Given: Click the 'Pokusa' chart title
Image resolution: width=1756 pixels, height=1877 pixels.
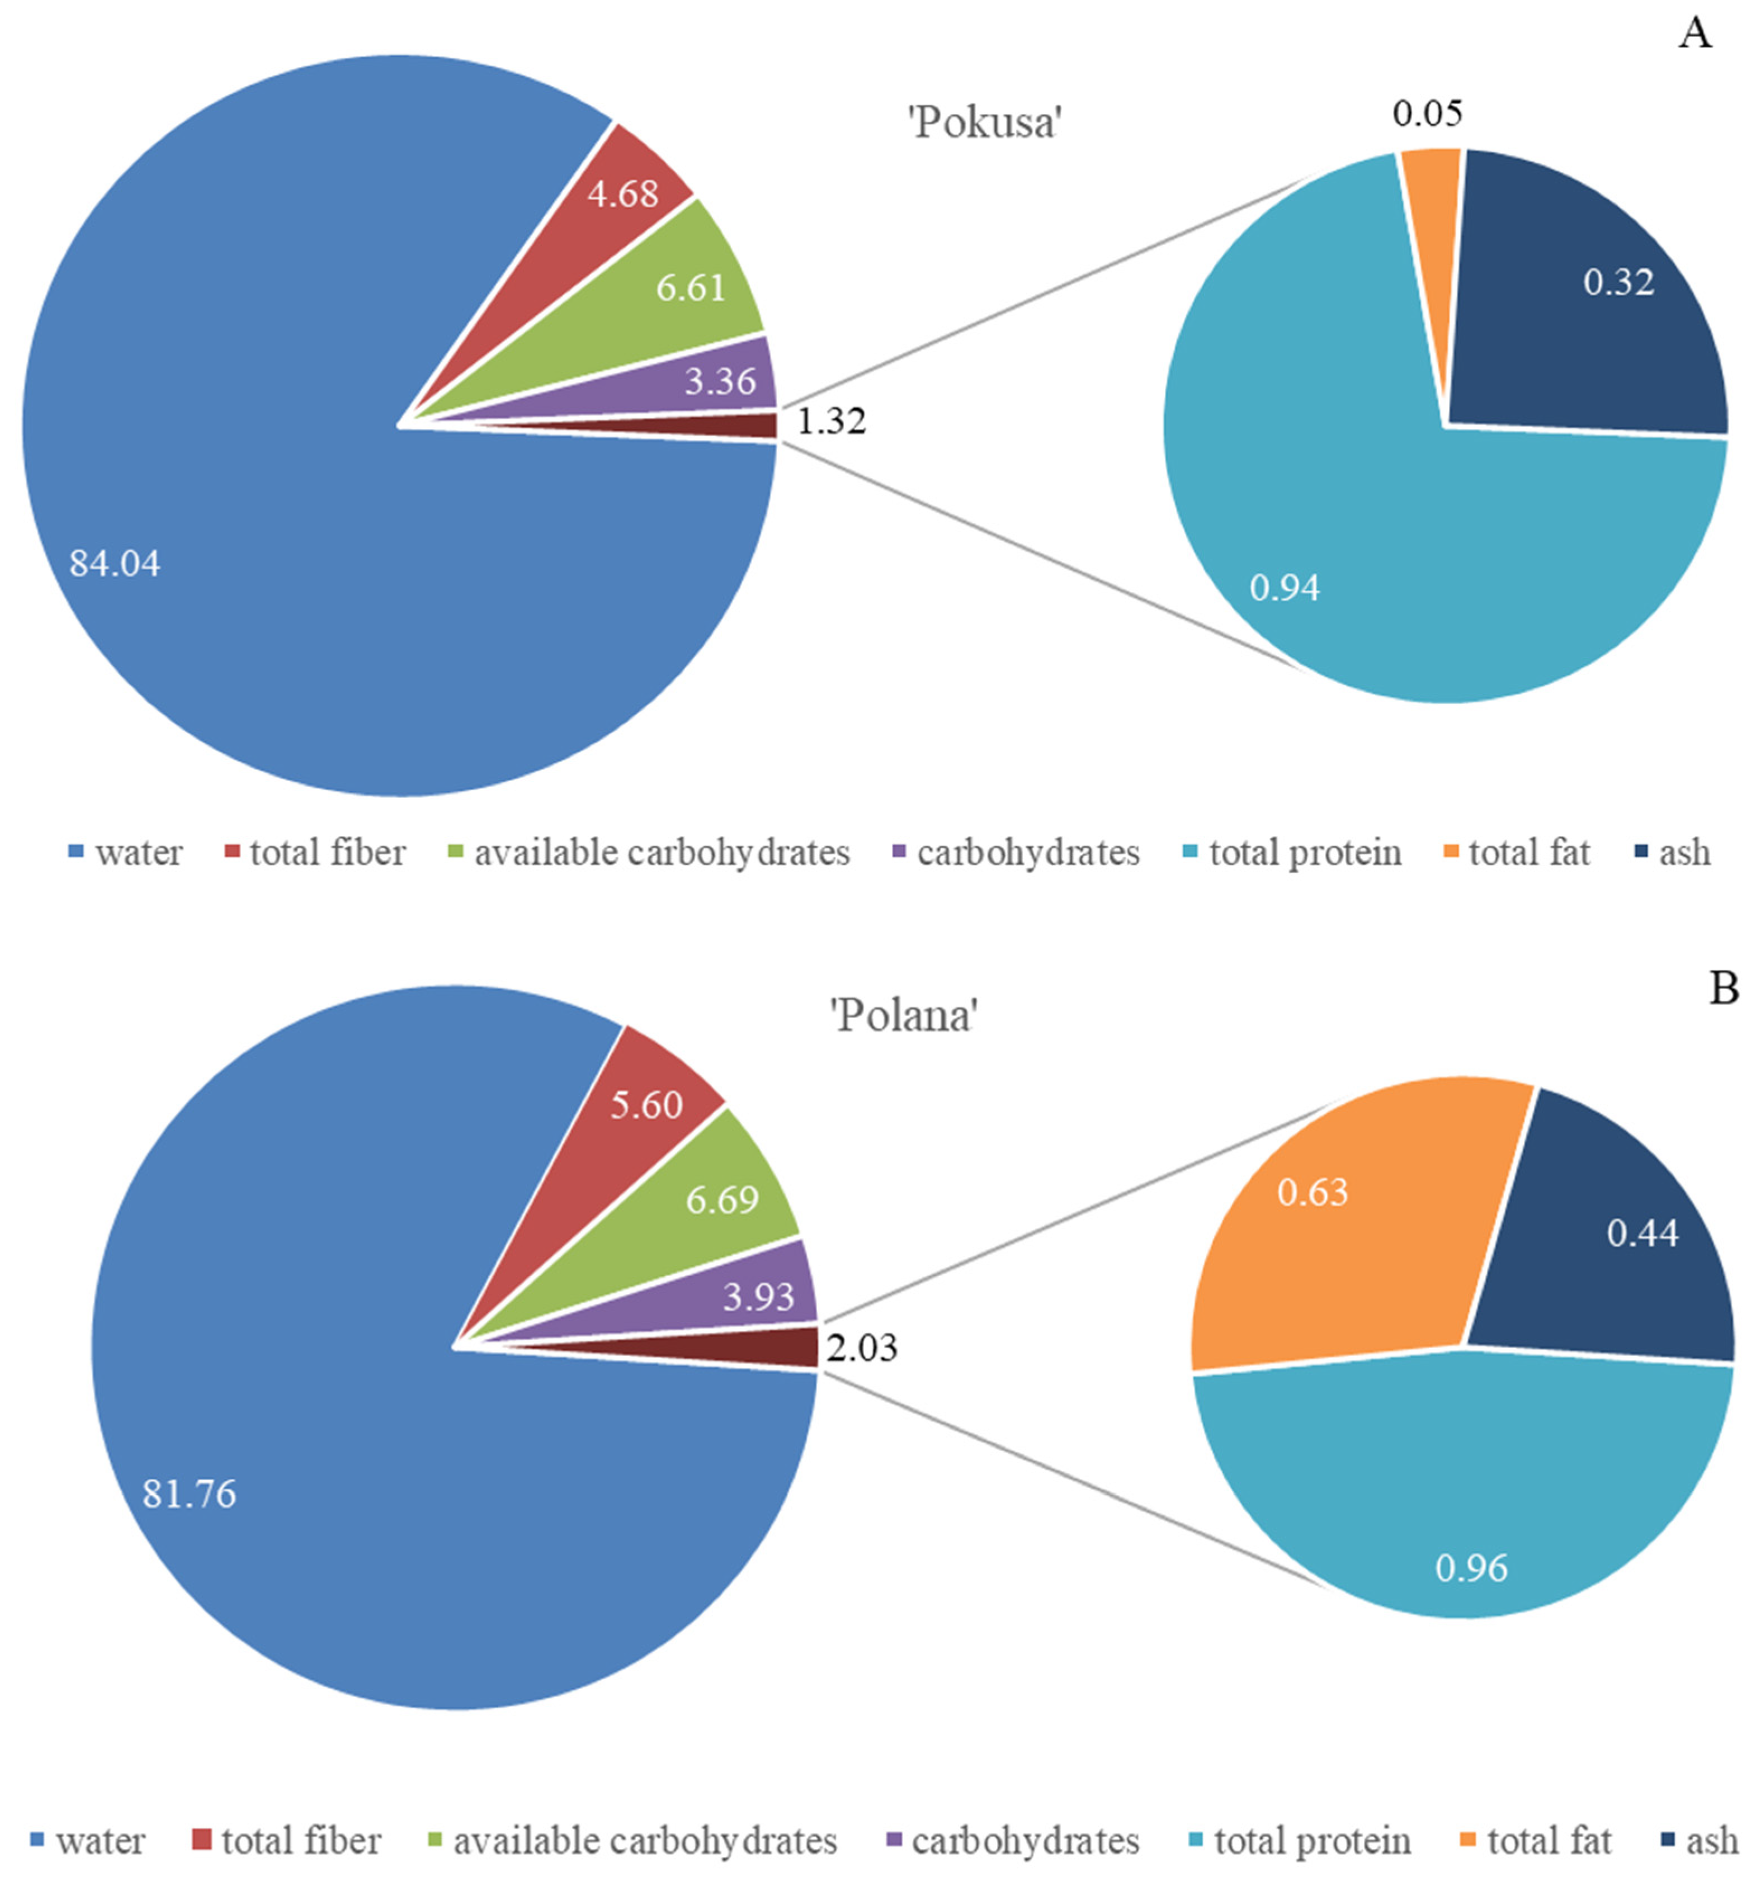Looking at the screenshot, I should tap(986, 124).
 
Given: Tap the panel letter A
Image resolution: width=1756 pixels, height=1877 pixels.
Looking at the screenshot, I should tap(1694, 34).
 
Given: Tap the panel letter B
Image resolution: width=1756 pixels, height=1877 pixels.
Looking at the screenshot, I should tap(1724, 989).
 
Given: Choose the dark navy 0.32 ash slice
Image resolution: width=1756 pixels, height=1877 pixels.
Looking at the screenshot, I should tap(1606, 292).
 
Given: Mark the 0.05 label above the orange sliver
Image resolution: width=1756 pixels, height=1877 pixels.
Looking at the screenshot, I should tap(1427, 114).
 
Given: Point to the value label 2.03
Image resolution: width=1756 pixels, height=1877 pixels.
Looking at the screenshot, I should tap(861, 1348).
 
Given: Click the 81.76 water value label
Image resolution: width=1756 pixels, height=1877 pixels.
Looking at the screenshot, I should tap(189, 1493).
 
